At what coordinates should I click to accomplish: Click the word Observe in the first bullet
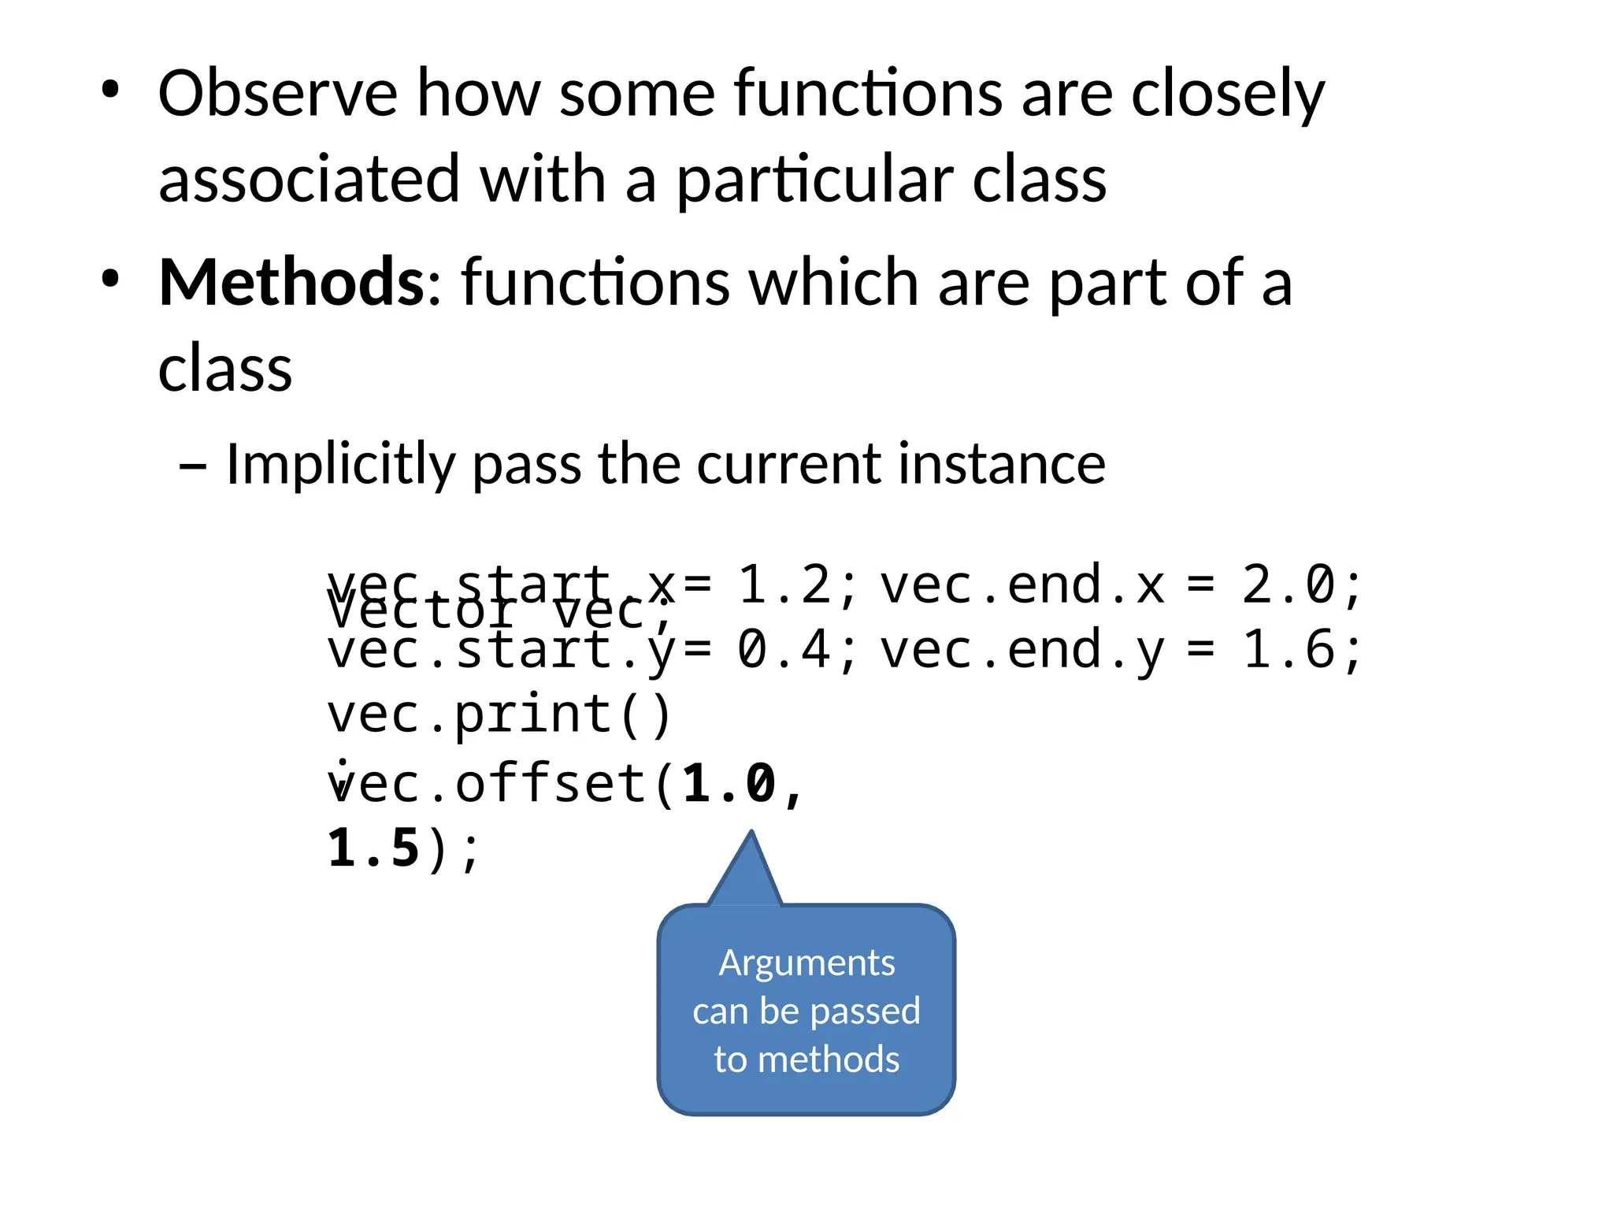point(277,94)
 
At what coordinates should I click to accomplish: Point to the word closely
point(1228,95)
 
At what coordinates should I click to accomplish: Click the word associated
point(309,180)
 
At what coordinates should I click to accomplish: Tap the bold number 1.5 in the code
point(373,848)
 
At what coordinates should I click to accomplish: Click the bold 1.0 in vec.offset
point(729,784)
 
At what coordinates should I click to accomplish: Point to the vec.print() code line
point(499,714)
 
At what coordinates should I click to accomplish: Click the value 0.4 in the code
point(784,650)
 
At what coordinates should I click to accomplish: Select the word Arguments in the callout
point(806,963)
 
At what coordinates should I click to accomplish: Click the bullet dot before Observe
point(110,90)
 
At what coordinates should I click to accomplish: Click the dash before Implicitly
point(193,466)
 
